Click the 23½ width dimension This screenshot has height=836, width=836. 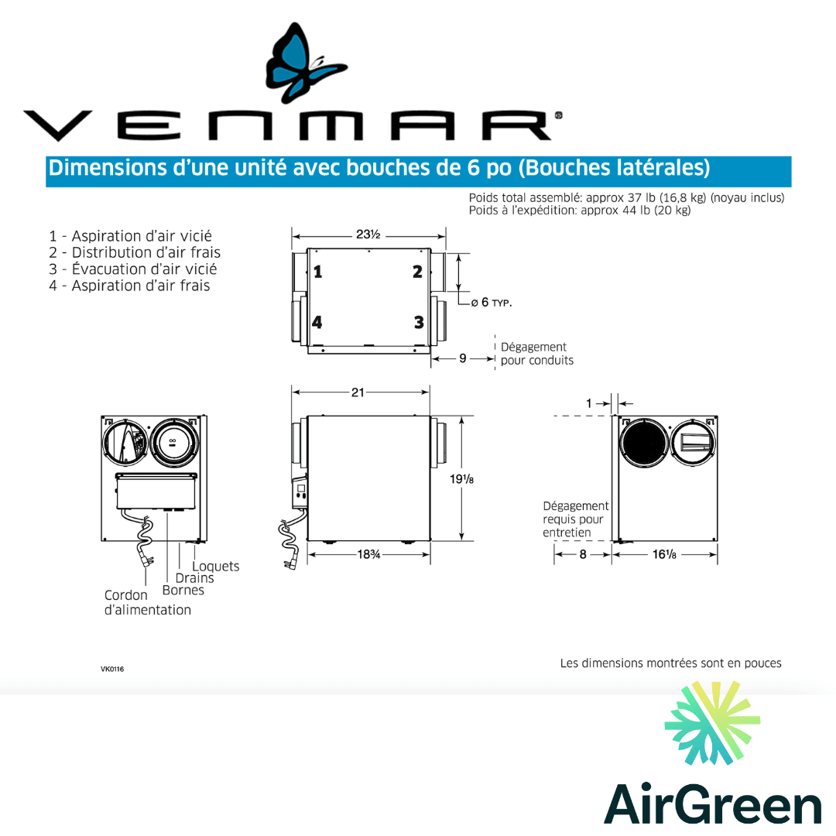click(x=368, y=235)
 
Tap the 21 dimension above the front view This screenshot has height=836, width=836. click(x=358, y=392)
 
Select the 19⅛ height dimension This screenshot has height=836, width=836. click(x=462, y=479)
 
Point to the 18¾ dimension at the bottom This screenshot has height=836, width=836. click(x=368, y=554)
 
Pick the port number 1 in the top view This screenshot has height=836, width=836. click(x=317, y=272)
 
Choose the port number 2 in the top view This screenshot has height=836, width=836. click(x=417, y=272)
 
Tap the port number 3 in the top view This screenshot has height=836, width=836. click(x=418, y=322)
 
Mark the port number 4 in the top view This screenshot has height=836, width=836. click(x=317, y=322)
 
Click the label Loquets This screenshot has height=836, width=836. click(x=216, y=567)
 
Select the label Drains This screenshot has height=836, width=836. click(x=194, y=578)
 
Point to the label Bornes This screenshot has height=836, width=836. click(x=183, y=591)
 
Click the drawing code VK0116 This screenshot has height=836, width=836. click(x=112, y=670)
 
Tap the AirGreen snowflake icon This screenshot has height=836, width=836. click(x=712, y=723)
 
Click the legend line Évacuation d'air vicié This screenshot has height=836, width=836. click(x=132, y=269)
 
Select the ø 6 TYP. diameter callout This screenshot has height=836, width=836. click(x=492, y=302)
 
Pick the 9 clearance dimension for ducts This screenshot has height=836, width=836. click(x=463, y=358)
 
